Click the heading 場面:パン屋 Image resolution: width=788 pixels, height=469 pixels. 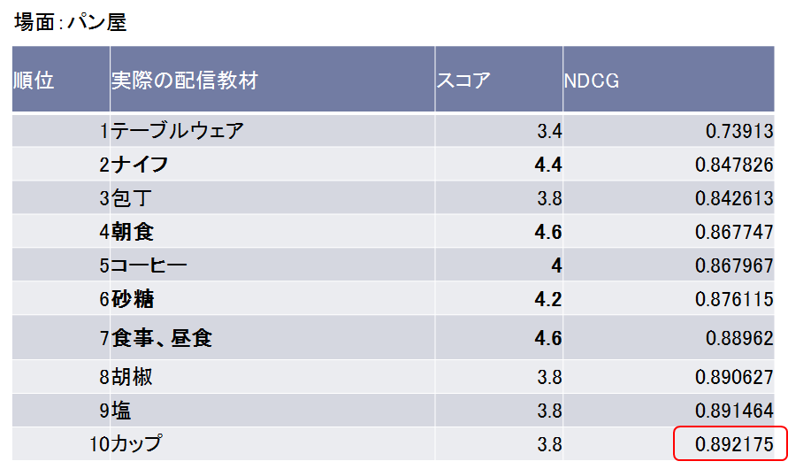[x=71, y=22]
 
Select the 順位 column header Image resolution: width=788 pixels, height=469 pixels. [x=34, y=81]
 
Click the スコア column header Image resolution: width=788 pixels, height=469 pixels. [x=463, y=81]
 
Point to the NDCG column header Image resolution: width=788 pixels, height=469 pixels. [x=592, y=81]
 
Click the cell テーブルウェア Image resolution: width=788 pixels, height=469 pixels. [x=177, y=131]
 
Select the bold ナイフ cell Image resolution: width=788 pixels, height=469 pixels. [x=140, y=165]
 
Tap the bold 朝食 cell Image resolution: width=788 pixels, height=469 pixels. [x=133, y=232]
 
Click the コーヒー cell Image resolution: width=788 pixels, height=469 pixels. [x=149, y=265]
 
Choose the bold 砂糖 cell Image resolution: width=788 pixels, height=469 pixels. [x=133, y=299]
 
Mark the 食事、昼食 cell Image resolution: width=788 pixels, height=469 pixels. [x=162, y=337]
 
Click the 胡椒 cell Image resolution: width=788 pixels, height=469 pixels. [x=132, y=377]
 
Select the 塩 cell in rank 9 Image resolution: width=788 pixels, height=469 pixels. [x=121, y=411]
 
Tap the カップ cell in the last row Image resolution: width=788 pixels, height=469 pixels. [x=136, y=444]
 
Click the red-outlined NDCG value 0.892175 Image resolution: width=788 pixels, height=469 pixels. [x=729, y=443]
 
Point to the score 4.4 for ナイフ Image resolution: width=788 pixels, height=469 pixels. [x=548, y=165]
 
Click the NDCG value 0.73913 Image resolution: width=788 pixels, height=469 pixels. [x=739, y=131]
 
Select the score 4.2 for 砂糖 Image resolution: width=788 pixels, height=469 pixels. [x=548, y=299]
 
